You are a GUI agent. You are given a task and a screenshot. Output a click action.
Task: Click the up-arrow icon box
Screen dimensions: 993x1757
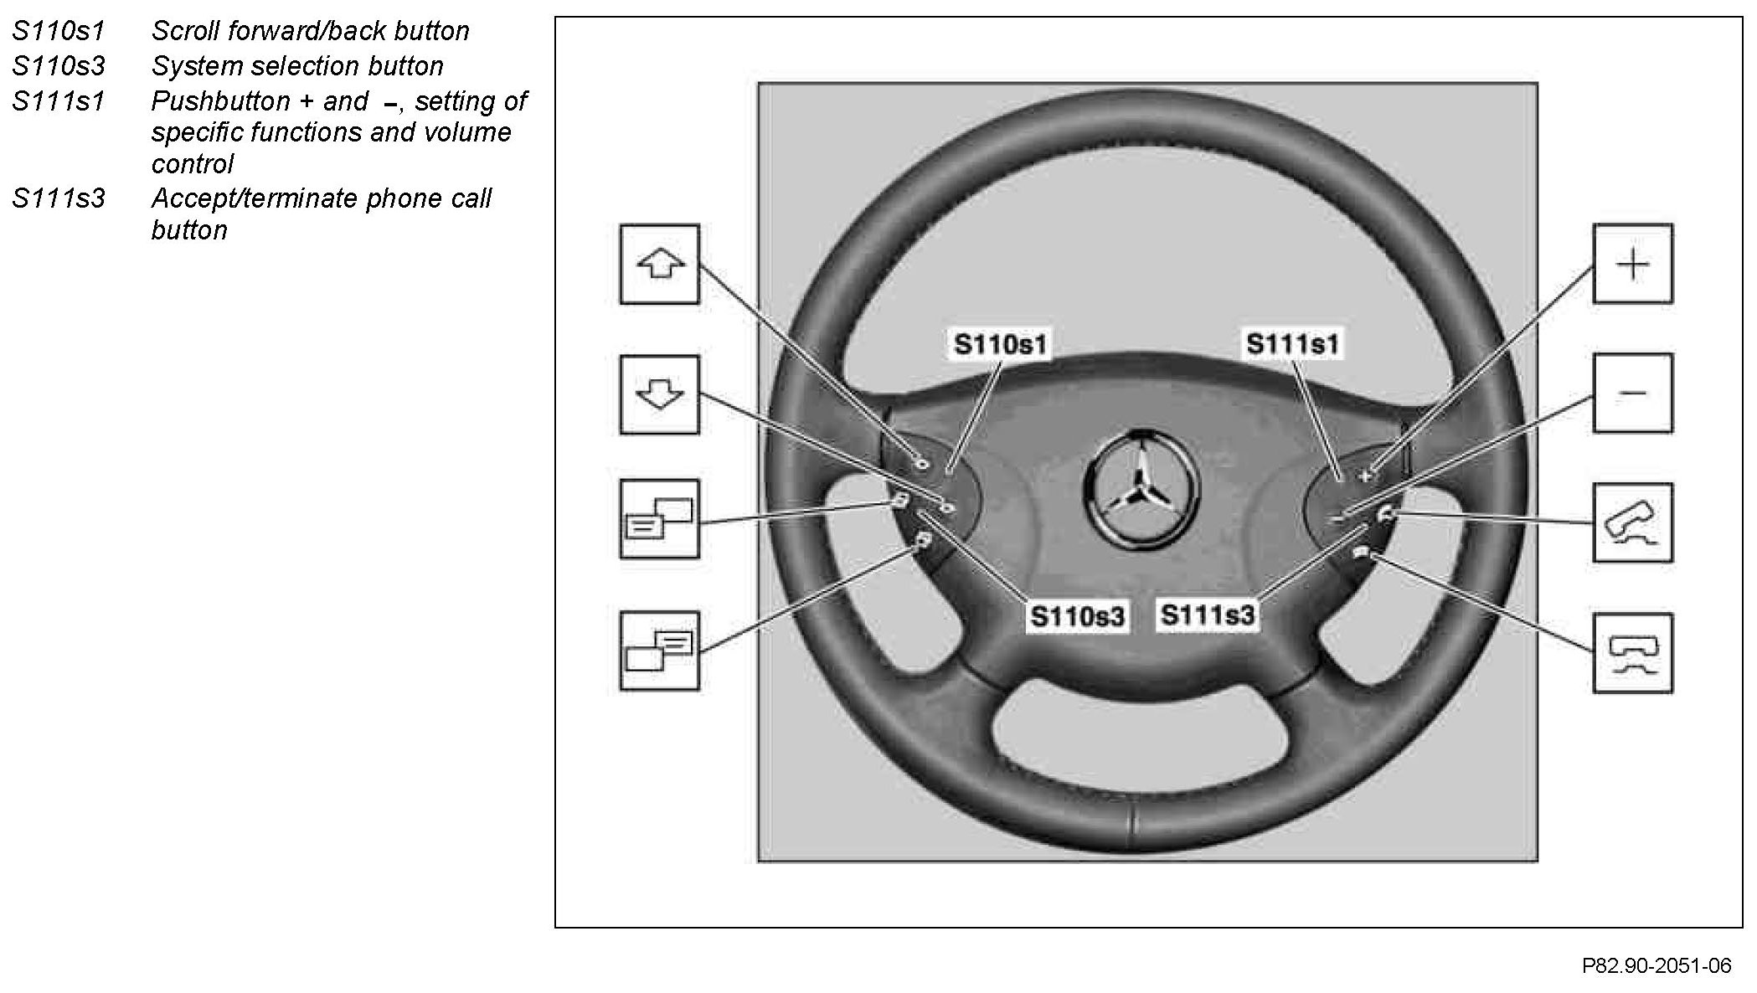(659, 264)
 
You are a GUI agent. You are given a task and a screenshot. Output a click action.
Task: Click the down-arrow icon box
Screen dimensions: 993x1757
(659, 394)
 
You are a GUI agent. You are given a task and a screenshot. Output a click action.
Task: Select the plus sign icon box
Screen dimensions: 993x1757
(1632, 264)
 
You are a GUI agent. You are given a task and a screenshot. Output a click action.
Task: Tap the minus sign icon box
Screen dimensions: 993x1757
(1632, 393)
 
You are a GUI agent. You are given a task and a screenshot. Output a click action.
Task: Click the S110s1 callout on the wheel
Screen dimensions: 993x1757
(1000, 344)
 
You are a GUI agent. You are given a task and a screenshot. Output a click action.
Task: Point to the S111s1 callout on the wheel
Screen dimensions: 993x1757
(1292, 344)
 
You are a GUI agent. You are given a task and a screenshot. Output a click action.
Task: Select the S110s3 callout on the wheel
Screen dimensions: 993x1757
(1077, 616)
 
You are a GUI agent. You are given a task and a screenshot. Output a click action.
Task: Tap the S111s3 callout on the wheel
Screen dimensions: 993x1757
(1208, 615)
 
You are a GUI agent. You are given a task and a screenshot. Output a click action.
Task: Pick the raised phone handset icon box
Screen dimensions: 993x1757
(1632, 522)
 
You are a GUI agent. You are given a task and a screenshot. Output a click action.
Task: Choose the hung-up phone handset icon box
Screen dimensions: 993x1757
(1632, 653)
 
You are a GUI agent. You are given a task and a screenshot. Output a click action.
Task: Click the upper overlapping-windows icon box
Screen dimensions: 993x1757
(659, 519)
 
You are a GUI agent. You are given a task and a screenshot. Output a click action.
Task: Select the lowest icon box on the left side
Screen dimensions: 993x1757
(659, 651)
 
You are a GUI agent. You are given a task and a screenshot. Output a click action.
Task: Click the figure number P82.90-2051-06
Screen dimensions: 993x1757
(1656, 965)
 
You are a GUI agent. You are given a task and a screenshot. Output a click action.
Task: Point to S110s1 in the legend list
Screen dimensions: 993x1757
(59, 31)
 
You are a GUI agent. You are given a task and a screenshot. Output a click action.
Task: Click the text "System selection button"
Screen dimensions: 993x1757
(297, 66)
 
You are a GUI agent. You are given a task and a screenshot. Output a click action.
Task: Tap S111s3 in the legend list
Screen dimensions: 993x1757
(59, 198)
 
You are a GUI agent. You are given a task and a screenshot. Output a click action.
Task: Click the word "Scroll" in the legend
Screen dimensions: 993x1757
(185, 31)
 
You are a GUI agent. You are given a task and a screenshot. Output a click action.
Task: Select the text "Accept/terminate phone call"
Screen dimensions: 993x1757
(321, 198)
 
